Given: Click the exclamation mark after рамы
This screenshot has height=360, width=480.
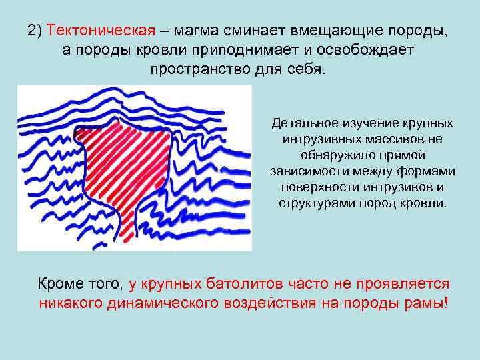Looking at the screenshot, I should click(445, 303).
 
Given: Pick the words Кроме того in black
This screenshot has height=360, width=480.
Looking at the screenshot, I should click(80, 284).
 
